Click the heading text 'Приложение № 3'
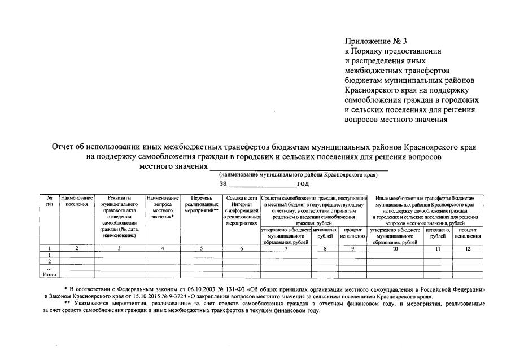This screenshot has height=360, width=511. (x=375, y=41)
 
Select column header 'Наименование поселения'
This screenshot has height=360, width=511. (x=77, y=201)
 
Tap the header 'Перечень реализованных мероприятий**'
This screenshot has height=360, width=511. (x=201, y=204)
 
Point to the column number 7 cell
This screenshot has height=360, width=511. (x=286, y=248)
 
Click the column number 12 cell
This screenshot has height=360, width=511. (x=468, y=248)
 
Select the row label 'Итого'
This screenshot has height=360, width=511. (x=50, y=274)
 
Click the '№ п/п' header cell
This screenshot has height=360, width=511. (x=50, y=201)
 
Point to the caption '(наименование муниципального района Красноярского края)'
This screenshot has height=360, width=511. (x=298, y=175)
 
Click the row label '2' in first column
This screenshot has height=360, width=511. (x=50, y=261)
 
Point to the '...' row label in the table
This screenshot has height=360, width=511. (x=50, y=268)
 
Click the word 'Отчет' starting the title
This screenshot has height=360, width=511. (x=64, y=147)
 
